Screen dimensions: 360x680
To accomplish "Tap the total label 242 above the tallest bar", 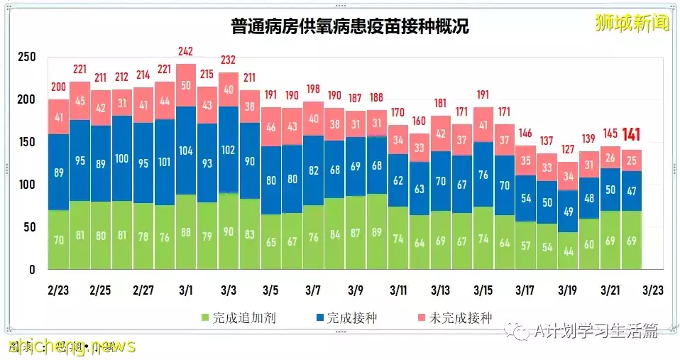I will pos(185,52).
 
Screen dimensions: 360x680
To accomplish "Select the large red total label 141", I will pos(632,135).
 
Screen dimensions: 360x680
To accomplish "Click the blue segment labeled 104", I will pos(185,150).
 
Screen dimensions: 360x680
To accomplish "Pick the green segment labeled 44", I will pos(568,251).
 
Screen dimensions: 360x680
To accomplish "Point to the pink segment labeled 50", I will pos(185,85).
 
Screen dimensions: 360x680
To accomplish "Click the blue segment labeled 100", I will pos(122,157).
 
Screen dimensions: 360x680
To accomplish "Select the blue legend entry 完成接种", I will pos(346,317).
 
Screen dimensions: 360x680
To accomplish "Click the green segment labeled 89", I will pos(377,240).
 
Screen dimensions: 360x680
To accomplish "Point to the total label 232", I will pos(228,60).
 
